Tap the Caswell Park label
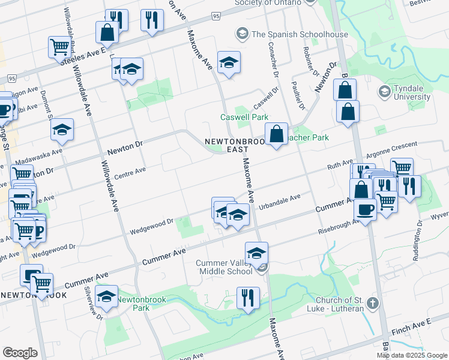[x=244, y=117]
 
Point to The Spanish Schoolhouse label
[x=300, y=34]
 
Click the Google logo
[x=20, y=353]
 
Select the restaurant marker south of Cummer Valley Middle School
[x=247, y=297]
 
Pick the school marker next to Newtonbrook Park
[x=107, y=297]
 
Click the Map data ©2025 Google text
[x=412, y=355]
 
